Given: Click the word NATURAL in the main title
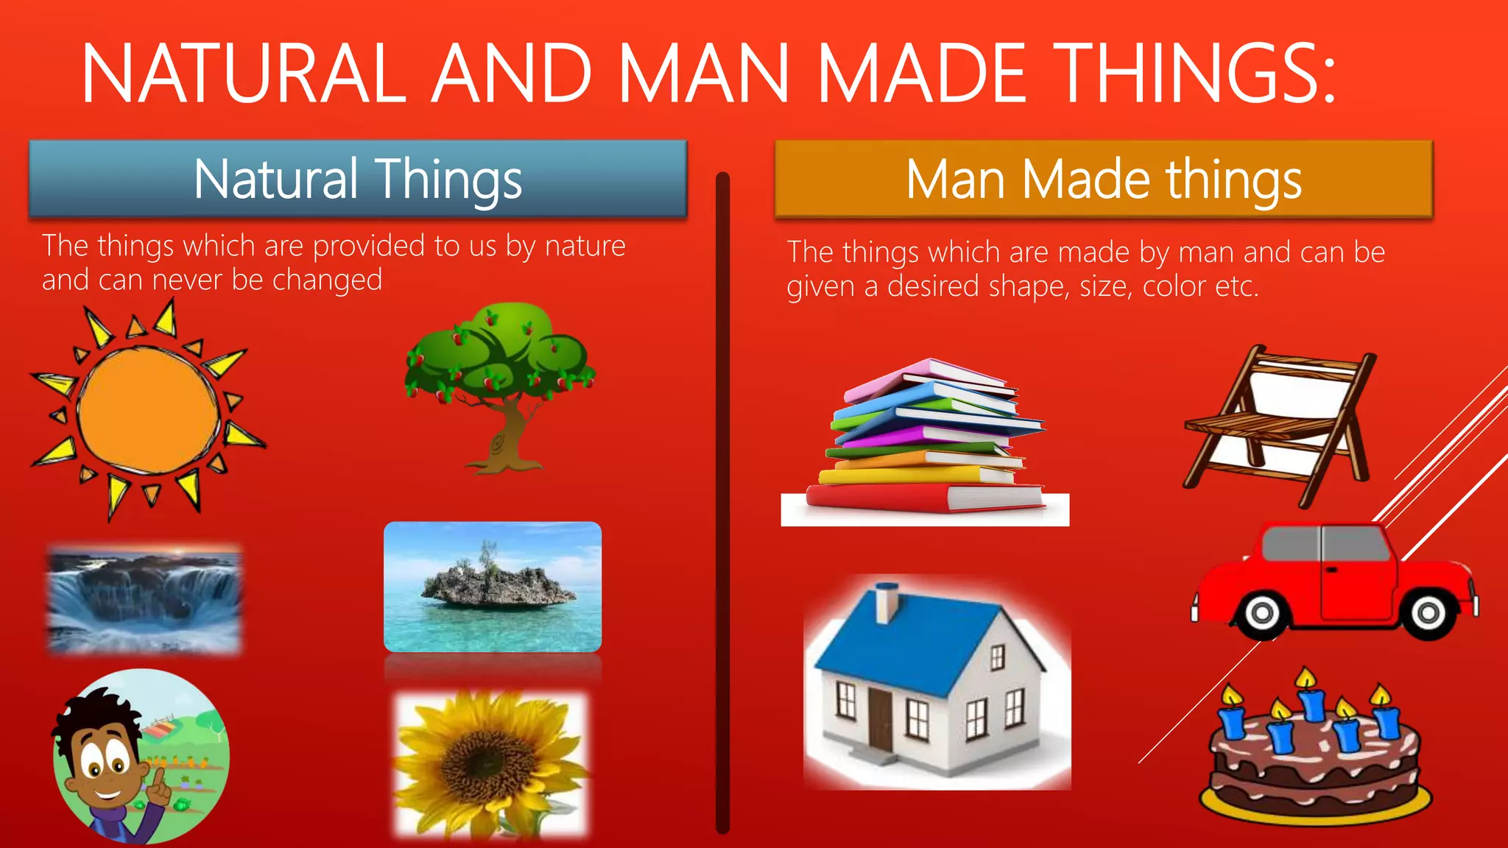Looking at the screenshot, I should point(243,74).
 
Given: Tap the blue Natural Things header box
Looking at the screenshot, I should point(358,179).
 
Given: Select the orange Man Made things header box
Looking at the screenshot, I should point(1103,179).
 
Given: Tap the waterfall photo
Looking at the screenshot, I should point(144,599).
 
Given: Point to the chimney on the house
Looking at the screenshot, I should point(887,602).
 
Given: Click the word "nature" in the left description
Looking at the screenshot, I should point(585,246).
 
